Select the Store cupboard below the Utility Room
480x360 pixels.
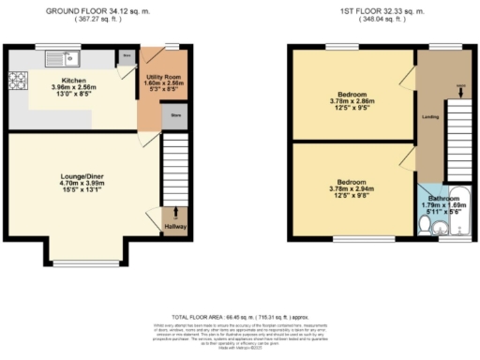[174, 117]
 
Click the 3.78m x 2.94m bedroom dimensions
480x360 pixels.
[352, 187]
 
